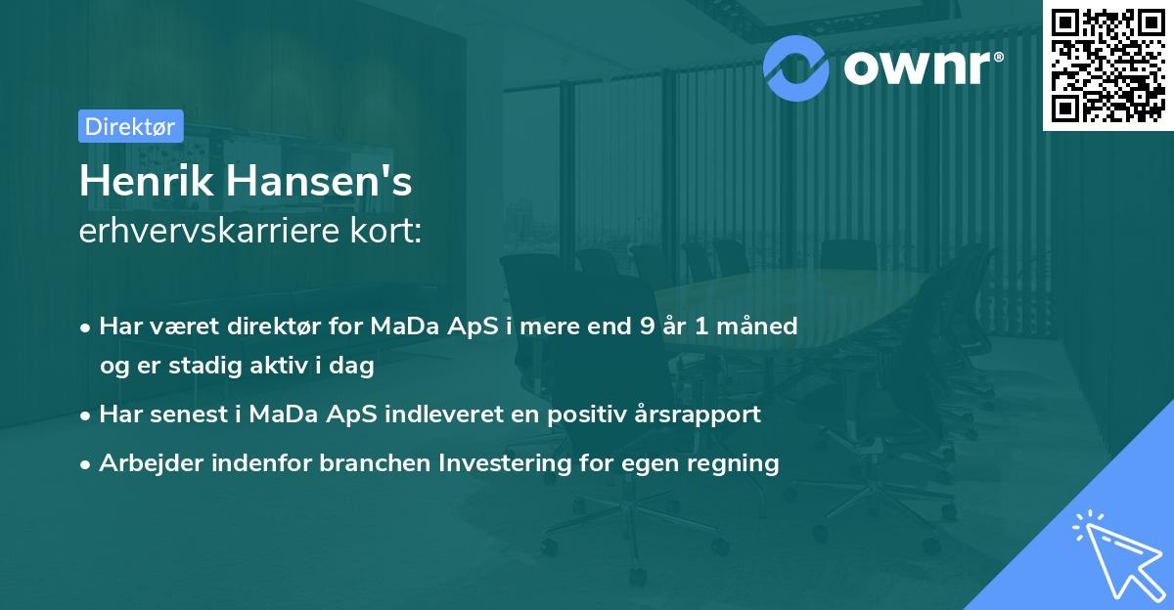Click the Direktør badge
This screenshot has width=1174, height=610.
click(x=129, y=126)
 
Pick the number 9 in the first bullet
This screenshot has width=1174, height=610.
click(x=647, y=326)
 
